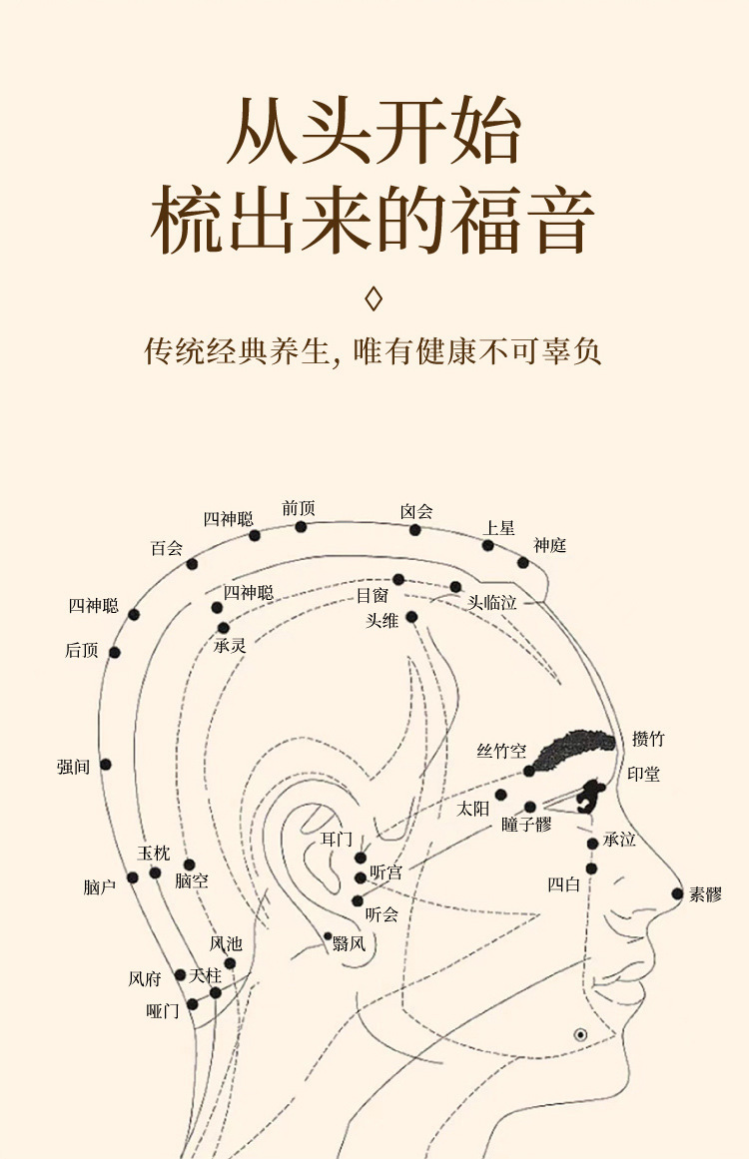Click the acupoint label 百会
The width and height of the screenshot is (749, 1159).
click(x=167, y=548)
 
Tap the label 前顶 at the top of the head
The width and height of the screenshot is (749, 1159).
click(x=299, y=508)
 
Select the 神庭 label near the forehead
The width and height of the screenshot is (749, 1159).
click(x=549, y=545)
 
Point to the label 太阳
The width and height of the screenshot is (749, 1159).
click(x=473, y=809)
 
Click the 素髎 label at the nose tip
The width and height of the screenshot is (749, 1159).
click(x=705, y=894)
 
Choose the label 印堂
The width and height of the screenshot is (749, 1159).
click(x=643, y=774)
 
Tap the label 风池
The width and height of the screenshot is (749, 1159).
click(x=226, y=943)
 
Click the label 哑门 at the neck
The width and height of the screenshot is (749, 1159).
click(x=163, y=1010)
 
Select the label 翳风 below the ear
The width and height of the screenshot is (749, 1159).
click(x=349, y=943)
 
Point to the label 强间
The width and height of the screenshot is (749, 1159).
click(x=73, y=767)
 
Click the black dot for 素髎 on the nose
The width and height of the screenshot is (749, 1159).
click(x=677, y=893)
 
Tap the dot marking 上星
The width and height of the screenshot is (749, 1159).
click(x=488, y=545)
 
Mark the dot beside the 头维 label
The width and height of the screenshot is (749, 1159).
click(x=411, y=617)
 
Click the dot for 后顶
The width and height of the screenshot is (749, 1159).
click(x=115, y=652)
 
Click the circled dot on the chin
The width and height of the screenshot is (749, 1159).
click(x=580, y=1034)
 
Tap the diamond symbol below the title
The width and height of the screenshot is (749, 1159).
click(x=374, y=298)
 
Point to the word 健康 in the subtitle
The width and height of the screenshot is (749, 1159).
click(x=437, y=352)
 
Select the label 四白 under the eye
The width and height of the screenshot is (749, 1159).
click(x=563, y=883)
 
